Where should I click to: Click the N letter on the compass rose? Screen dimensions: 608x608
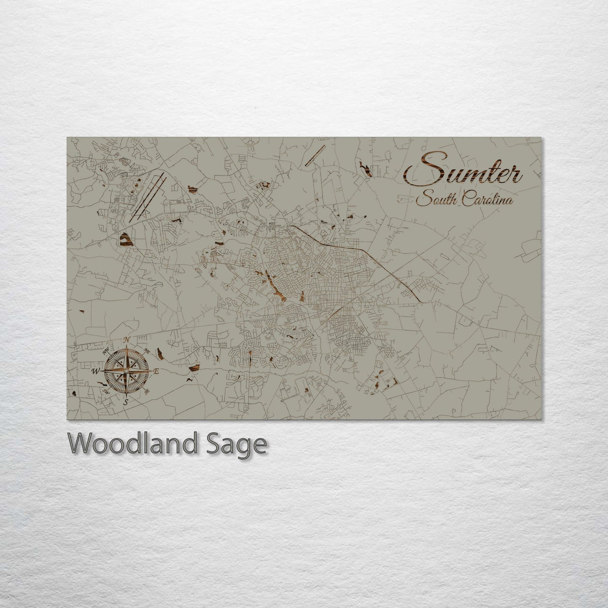tap(126, 340)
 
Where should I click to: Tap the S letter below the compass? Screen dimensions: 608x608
tap(125, 402)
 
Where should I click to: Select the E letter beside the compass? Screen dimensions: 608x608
tap(156, 371)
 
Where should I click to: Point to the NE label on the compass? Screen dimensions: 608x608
tap(147, 350)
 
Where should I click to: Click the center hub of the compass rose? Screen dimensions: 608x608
tap(125, 371)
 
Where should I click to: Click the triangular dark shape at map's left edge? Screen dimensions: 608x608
tap(125, 240)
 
